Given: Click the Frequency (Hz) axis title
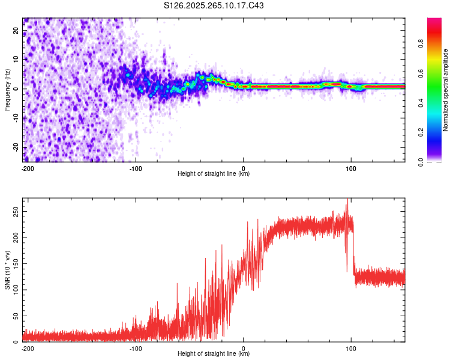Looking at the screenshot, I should click(7, 90).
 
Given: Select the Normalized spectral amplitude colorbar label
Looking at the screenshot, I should click(446, 91).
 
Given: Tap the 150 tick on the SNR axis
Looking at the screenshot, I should click(15, 264).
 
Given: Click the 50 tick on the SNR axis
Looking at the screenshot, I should click(17, 316).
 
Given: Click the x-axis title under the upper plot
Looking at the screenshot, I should click(214, 174).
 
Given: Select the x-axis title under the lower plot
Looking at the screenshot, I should click(214, 354).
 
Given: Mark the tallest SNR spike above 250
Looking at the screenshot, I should click(347, 205).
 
